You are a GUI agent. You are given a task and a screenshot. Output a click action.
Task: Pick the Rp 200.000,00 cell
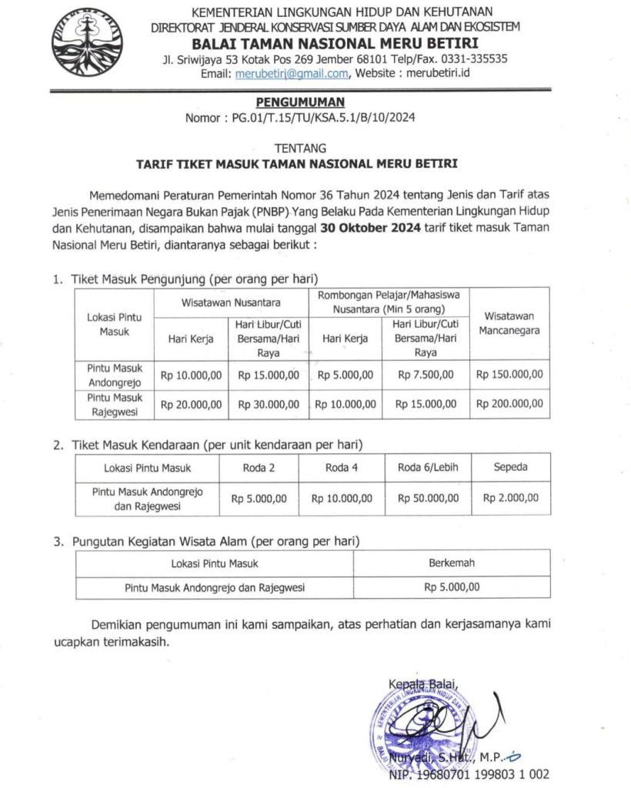click(x=509, y=403)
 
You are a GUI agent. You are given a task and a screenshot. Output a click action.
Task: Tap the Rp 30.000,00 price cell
click(x=269, y=403)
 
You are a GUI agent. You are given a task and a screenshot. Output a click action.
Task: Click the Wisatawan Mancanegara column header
click(x=509, y=322)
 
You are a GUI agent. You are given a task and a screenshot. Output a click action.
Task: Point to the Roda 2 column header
click(x=259, y=467)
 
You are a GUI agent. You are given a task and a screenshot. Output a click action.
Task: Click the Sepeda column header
click(x=510, y=467)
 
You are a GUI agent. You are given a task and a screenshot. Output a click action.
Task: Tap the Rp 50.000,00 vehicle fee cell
click(x=428, y=498)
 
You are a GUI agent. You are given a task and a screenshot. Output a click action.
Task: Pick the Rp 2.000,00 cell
click(x=510, y=498)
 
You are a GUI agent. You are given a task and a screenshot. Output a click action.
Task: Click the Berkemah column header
click(x=452, y=563)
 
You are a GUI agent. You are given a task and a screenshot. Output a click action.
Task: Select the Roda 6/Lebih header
click(x=428, y=467)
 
